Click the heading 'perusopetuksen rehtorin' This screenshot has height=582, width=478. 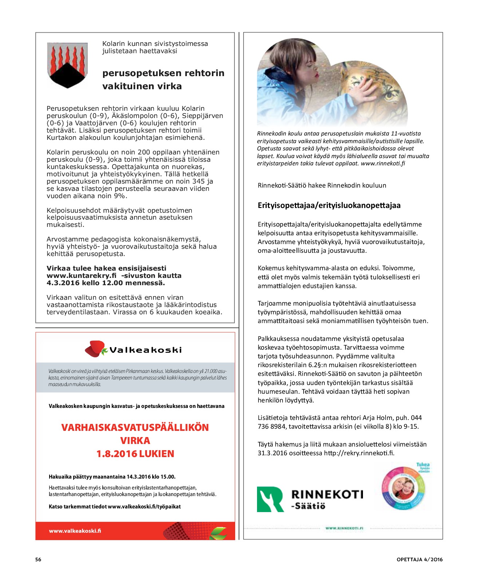click(x=163, y=73)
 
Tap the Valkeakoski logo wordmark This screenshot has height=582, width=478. click(x=145, y=350)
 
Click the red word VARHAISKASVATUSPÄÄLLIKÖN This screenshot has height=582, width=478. click(x=135, y=427)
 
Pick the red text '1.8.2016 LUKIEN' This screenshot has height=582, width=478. click(x=135, y=454)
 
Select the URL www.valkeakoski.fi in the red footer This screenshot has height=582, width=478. click(x=75, y=531)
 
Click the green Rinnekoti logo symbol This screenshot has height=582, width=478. click(x=270, y=499)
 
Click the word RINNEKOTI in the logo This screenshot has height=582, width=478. click(x=327, y=494)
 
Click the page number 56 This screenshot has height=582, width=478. click(x=38, y=559)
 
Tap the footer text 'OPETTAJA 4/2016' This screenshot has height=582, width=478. click(x=419, y=559)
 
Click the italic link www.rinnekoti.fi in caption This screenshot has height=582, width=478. click(x=383, y=164)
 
